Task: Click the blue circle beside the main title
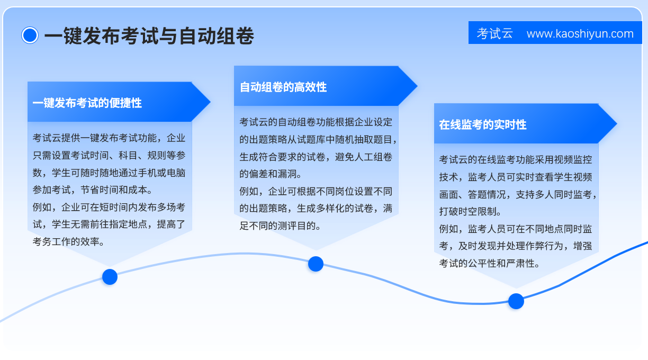(x=30, y=35)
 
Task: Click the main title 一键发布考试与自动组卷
(x=149, y=36)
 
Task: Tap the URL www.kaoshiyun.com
(x=580, y=34)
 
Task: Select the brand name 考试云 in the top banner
(x=494, y=33)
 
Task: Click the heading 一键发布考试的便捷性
(x=87, y=103)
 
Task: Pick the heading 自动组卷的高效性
(x=283, y=87)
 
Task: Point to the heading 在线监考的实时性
(x=483, y=125)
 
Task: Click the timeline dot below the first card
(x=110, y=277)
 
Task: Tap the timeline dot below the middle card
(x=316, y=264)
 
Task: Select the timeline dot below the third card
(x=516, y=301)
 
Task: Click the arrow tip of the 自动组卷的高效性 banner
(x=417, y=86)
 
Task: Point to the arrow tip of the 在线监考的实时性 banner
(x=617, y=123)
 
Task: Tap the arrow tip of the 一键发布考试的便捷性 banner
(x=210, y=102)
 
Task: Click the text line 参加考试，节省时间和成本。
(x=93, y=190)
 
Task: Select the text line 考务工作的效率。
(x=69, y=241)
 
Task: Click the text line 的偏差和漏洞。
(x=271, y=174)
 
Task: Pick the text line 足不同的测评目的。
(x=280, y=226)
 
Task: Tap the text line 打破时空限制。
(x=470, y=212)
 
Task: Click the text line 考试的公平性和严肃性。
(x=490, y=263)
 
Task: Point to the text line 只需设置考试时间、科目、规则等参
(x=109, y=156)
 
